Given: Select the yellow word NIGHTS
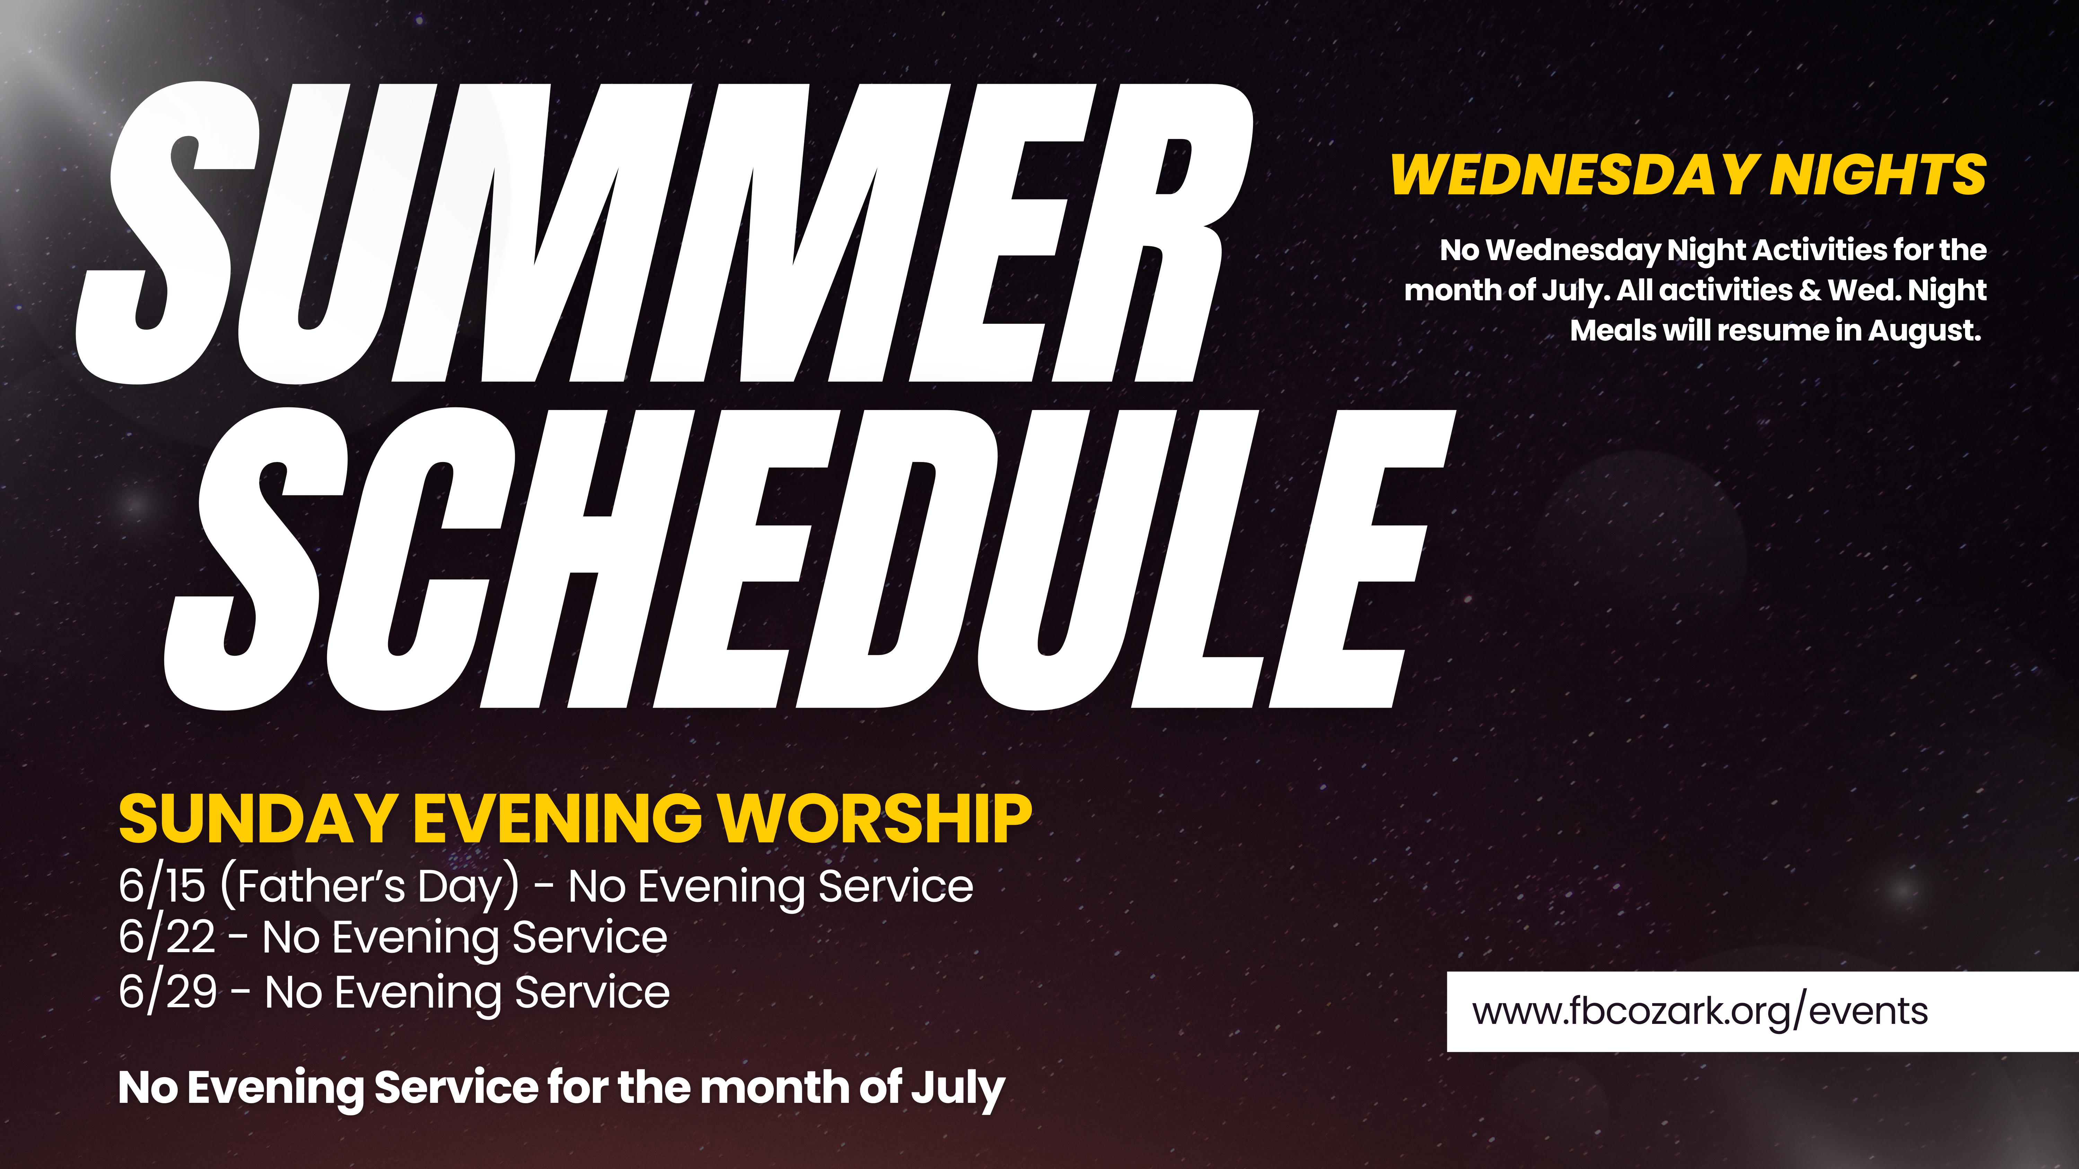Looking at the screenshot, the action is point(1878,175).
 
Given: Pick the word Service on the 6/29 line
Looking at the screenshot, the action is point(593,992).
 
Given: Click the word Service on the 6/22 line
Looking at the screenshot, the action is point(590,938).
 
